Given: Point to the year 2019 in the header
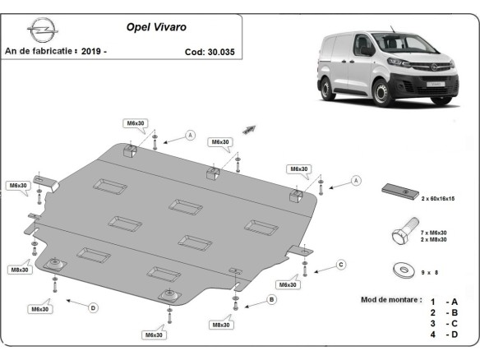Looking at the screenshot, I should pos(92,51).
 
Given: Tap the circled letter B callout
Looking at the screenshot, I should pos(271,300).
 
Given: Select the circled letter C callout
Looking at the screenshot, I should pos(341,265).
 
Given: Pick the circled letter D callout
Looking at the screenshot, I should pos(93,307).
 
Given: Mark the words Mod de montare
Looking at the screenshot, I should pos(391,299).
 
